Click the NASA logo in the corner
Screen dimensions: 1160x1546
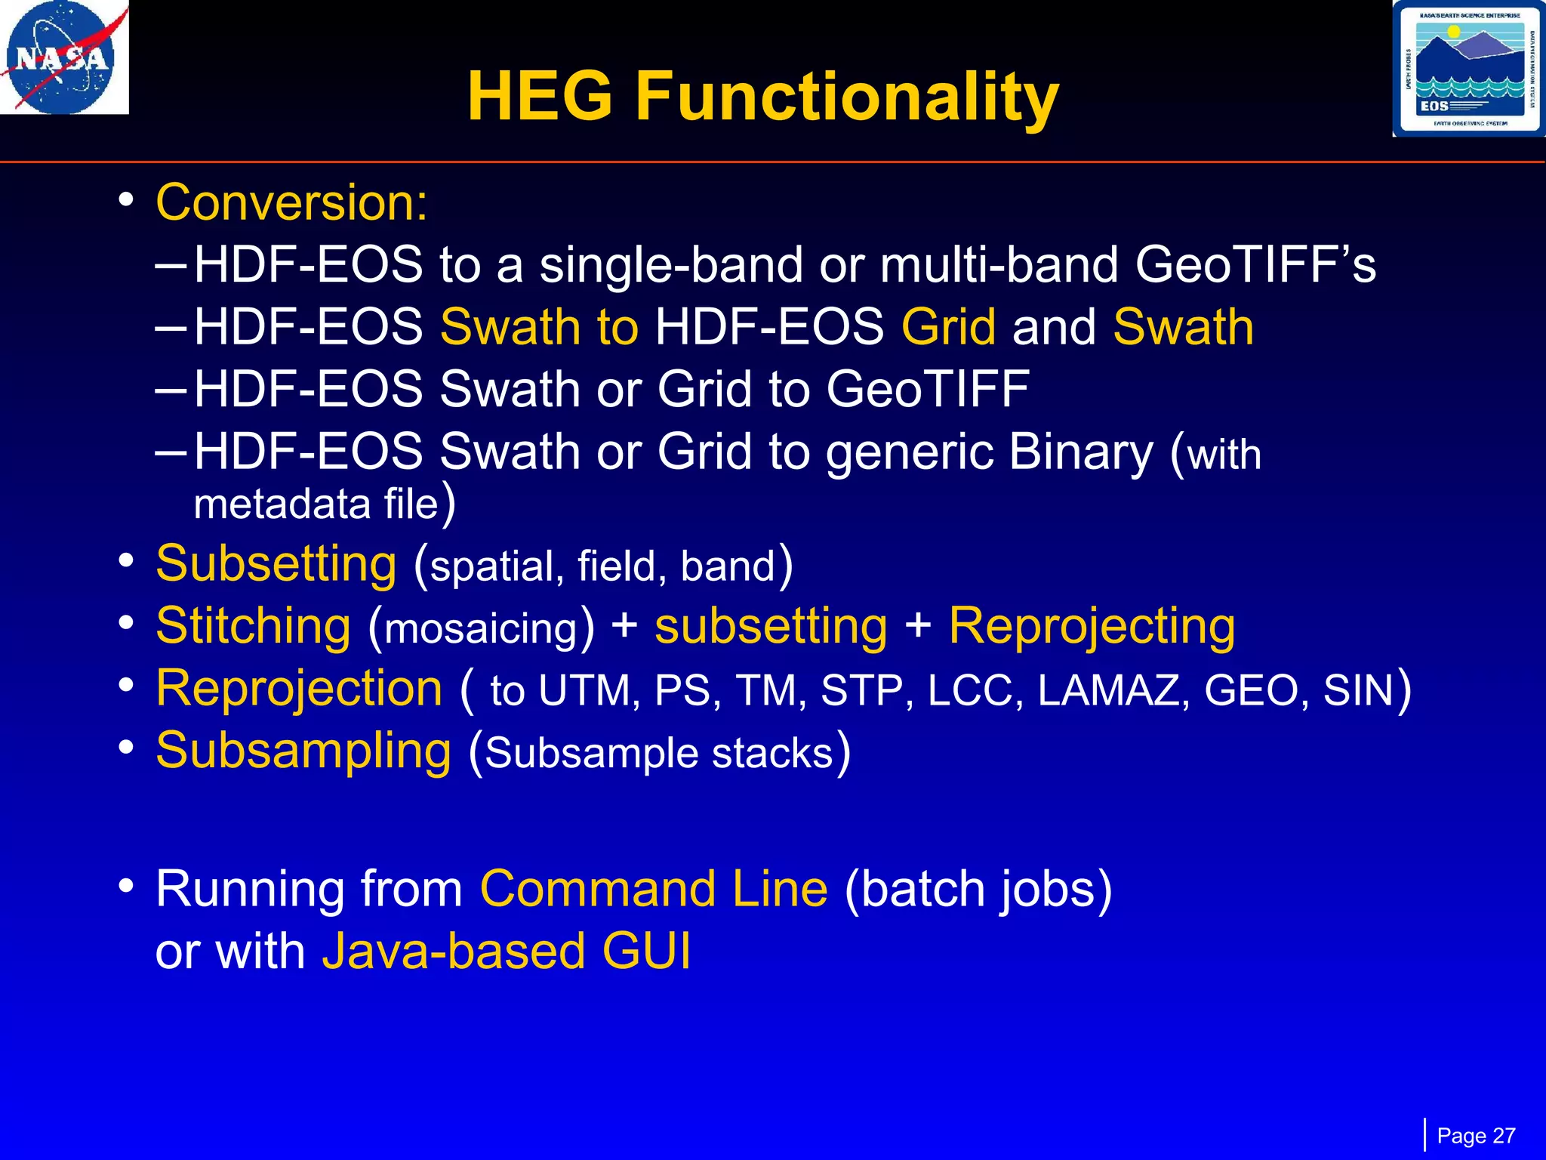pyautogui.click(x=63, y=57)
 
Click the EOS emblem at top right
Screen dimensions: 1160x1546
pyautogui.click(x=1468, y=69)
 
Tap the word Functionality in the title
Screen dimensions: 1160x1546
pyautogui.click(x=846, y=97)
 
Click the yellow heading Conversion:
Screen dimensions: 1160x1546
pyautogui.click(x=291, y=202)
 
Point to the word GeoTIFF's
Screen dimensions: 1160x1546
pyautogui.click(x=1255, y=265)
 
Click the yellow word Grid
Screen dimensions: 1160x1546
pyautogui.click(x=948, y=327)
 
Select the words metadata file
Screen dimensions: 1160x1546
pyautogui.click(x=316, y=504)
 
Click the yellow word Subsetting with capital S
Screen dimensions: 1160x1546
pyautogui.click(x=276, y=564)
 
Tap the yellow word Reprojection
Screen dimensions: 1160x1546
pyautogui.click(x=299, y=689)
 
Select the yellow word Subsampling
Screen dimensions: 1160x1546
pyautogui.click(x=303, y=751)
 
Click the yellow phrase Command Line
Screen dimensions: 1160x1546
pyautogui.click(x=654, y=889)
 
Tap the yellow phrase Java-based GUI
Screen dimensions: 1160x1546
pyautogui.click(x=506, y=951)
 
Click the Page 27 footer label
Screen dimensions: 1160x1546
pyautogui.click(x=1475, y=1136)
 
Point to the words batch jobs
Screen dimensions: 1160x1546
pyautogui.click(x=978, y=889)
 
